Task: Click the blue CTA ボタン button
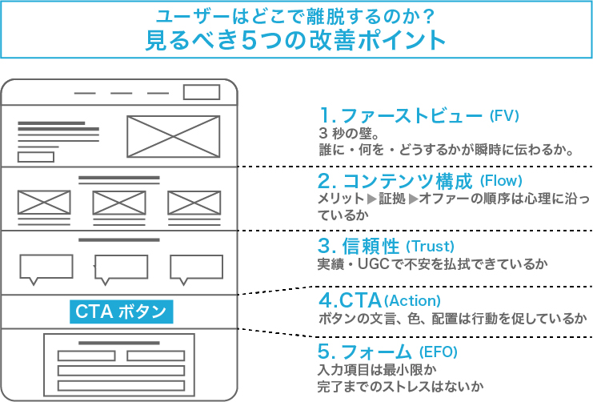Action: (x=122, y=312)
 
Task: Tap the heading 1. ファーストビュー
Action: (x=401, y=115)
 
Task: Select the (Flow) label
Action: (x=501, y=181)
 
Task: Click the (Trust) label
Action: (x=430, y=247)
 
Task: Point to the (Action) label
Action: (x=412, y=301)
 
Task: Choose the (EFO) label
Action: (x=439, y=352)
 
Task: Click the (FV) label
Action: (x=504, y=115)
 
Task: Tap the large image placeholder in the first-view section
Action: (x=173, y=136)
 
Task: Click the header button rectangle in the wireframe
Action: (x=202, y=92)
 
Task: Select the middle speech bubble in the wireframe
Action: (x=121, y=267)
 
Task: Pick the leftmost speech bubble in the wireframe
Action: (x=46, y=267)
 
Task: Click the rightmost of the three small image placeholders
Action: (x=194, y=203)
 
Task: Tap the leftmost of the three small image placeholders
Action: (x=44, y=203)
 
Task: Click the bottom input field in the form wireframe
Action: (x=121, y=386)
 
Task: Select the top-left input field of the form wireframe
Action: (x=86, y=356)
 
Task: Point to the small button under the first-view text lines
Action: (x=36, y=157)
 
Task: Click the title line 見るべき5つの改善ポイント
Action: (x=296, y=40)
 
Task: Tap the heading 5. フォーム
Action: (x=364, y=352)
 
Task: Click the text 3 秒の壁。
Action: (x=349, y=133)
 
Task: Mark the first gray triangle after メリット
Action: (x=372, y=199)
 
